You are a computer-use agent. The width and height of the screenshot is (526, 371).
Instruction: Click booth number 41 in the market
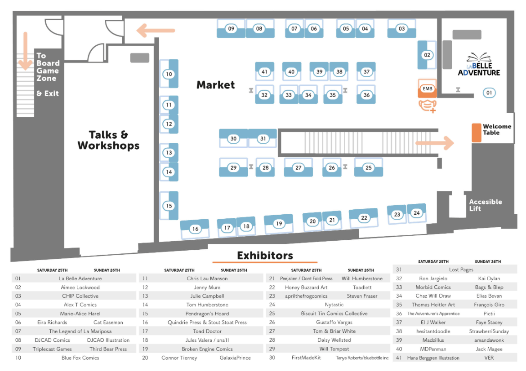264,72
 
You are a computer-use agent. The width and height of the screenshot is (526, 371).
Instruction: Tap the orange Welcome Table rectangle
476,132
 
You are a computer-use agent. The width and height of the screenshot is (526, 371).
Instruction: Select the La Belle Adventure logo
479,65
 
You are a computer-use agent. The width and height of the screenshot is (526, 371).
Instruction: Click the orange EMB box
427,89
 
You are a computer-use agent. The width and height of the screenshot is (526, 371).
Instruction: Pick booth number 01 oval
489,93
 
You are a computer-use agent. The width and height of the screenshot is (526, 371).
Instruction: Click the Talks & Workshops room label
108,140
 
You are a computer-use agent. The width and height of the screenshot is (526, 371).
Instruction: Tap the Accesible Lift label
486,205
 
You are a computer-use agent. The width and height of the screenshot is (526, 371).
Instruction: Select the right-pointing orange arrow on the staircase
434,143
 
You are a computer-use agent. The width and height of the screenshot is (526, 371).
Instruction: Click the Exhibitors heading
265,256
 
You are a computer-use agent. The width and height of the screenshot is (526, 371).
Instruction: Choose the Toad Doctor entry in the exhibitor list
207,331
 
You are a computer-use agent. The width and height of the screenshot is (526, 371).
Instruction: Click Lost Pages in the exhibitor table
461,269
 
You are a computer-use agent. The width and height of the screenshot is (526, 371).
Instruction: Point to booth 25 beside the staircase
369,168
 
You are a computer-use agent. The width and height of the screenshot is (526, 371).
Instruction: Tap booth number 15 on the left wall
169,206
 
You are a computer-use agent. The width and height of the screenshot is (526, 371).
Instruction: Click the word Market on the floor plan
215,85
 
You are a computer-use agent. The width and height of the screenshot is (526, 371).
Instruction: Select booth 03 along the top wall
401,29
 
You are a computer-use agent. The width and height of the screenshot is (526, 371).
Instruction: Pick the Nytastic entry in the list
334,305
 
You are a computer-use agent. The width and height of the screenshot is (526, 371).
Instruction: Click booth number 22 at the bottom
364,218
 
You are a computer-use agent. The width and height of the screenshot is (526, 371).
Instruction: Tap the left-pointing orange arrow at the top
156,31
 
